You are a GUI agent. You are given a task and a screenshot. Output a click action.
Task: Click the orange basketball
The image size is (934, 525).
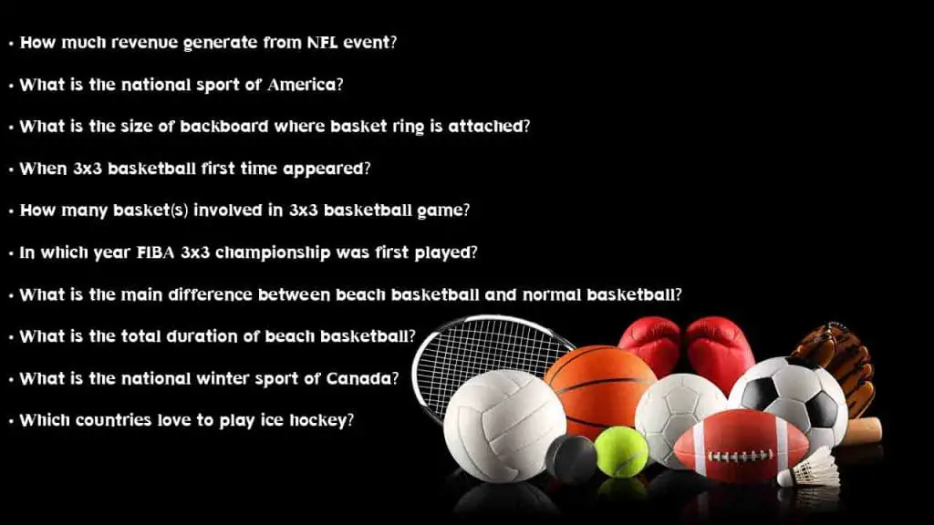(x=600, y=387)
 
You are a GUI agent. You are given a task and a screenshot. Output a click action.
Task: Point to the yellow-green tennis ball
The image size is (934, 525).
(x=621, y=452)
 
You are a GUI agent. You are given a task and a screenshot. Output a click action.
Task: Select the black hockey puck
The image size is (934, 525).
(x=571, y=458)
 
